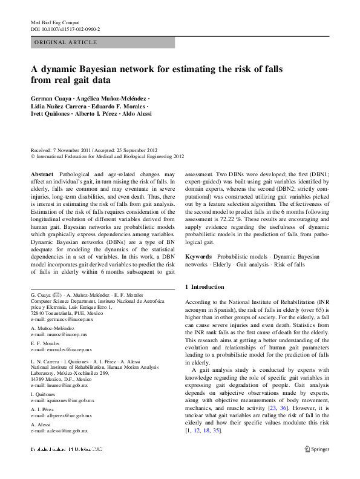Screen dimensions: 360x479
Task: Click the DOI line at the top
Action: coord(65,28)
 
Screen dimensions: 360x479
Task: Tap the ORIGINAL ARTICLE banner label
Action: coord(66,42)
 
